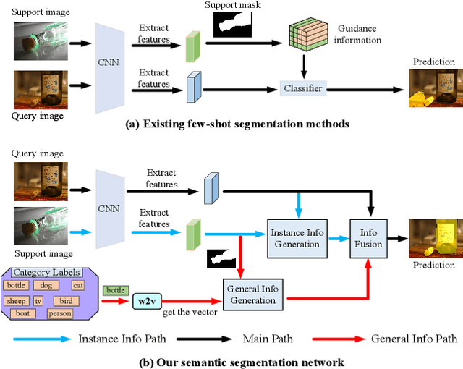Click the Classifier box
pyautogui.click(x=302, y=89)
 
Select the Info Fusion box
pyautogui.click(x=369, y=239)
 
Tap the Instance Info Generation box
pyautogui.click(x=297, y=238)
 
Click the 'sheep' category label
pyautogui.click(x=16, y=300)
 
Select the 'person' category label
pyautogui.click(x=61, y=314)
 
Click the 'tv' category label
pyautogui.click(x=39, y=300)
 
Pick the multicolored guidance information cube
pyautogui.click(x=307, y=39)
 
